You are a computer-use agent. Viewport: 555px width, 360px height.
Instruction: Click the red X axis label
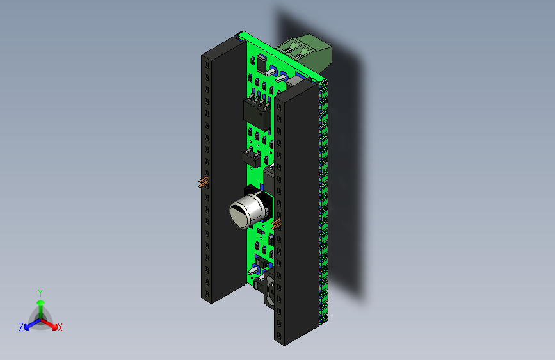click(x=60, y=327)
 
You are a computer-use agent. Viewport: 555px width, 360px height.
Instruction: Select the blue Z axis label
click(x=21, y=327)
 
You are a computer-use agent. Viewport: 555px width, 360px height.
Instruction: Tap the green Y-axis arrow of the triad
click(x=40, y=306)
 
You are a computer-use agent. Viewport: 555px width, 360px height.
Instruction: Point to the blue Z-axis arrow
click(x=29, y=325)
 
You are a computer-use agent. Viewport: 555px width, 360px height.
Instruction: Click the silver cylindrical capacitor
click(x=246, y=209)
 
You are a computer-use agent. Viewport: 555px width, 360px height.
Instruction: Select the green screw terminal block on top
click(x=306, y=52)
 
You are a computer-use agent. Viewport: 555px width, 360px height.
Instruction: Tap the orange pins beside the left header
click(x=204, y=182)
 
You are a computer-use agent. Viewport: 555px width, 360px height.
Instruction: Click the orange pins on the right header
click(x=277, y=224)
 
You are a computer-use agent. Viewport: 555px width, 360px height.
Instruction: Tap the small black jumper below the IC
click(x=253, y=156)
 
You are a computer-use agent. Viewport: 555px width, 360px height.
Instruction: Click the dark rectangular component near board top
click(x=261, y=63)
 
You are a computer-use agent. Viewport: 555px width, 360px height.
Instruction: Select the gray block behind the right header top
click(x=296, y=81)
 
